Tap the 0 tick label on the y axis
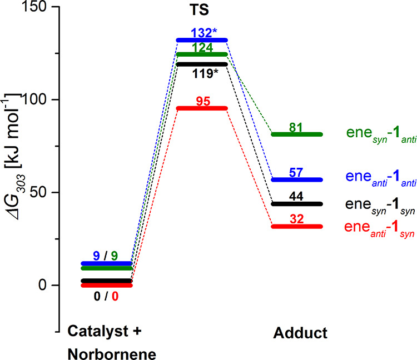[x=44, y=285]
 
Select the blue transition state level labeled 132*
[x=201, y=40]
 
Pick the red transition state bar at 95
[x=201, y=108]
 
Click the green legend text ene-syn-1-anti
[x=380, y=134]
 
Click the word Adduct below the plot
[x=300, y=333]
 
